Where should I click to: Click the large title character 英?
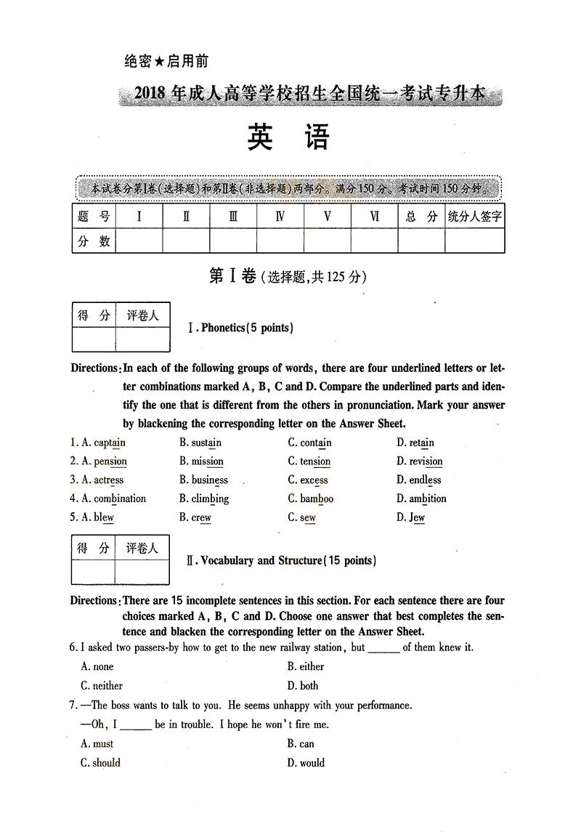click(x=260, y=137)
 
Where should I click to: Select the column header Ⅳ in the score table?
click(x=280, y=217)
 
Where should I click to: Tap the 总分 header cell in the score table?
click(x=421, y=217)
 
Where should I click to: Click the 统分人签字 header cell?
click(x=475, y=217)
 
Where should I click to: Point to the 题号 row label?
click(x=94, y=217)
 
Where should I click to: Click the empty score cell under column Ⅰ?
click(x=139, y=241)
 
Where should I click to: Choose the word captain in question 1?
click(x=109, y=443)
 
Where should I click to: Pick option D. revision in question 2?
click(x=419, y=461)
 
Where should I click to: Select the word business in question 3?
click(x=209, y=480)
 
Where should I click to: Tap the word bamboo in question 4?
click(x=317, y=499)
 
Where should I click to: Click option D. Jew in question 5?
click(x=411, y=518)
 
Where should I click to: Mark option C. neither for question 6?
click(x=102, y=685)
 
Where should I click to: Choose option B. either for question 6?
click(x=306, y=666)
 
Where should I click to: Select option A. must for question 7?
click(x=97, y=743)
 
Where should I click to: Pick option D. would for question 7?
click(x=306, y=762)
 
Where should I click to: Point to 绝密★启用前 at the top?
click(x=166, y=62)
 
